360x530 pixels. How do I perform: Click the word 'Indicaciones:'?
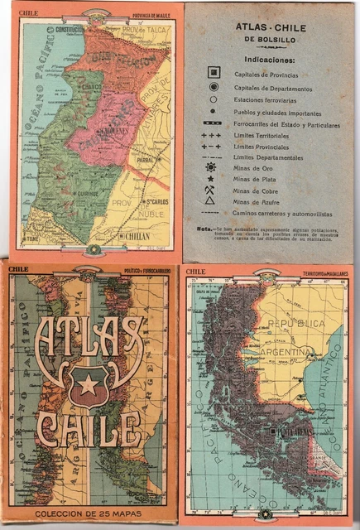coord(270,60)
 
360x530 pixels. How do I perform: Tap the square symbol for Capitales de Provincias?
coord(212,75)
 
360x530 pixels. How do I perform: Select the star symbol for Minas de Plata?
coord(212,178)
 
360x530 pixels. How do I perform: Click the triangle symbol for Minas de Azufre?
coord(211,200)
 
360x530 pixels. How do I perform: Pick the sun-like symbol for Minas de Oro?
coord(212,167)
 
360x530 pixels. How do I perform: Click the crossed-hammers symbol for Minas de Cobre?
coord(212,189)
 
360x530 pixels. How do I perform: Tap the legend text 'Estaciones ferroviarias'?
coord(264,99)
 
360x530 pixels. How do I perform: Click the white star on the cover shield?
coord(88,383)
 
